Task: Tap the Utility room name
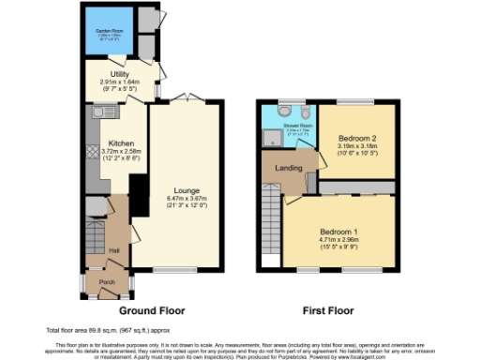point(118,73)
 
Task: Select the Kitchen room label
point(123,143)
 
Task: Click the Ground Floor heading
point(151,310)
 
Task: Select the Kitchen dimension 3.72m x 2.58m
point(123,152)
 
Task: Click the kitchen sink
point(97,112)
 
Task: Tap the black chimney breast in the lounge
point(138,194)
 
